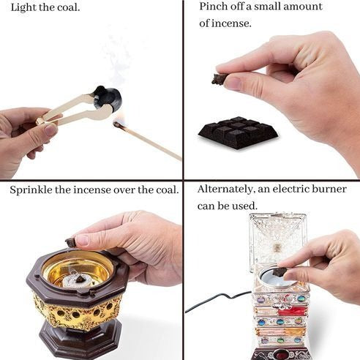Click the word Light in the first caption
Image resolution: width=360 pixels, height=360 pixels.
coord(23,7)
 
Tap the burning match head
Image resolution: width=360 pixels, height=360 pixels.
coord(117,124)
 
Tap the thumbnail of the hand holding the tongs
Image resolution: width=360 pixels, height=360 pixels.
coord(51,130)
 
